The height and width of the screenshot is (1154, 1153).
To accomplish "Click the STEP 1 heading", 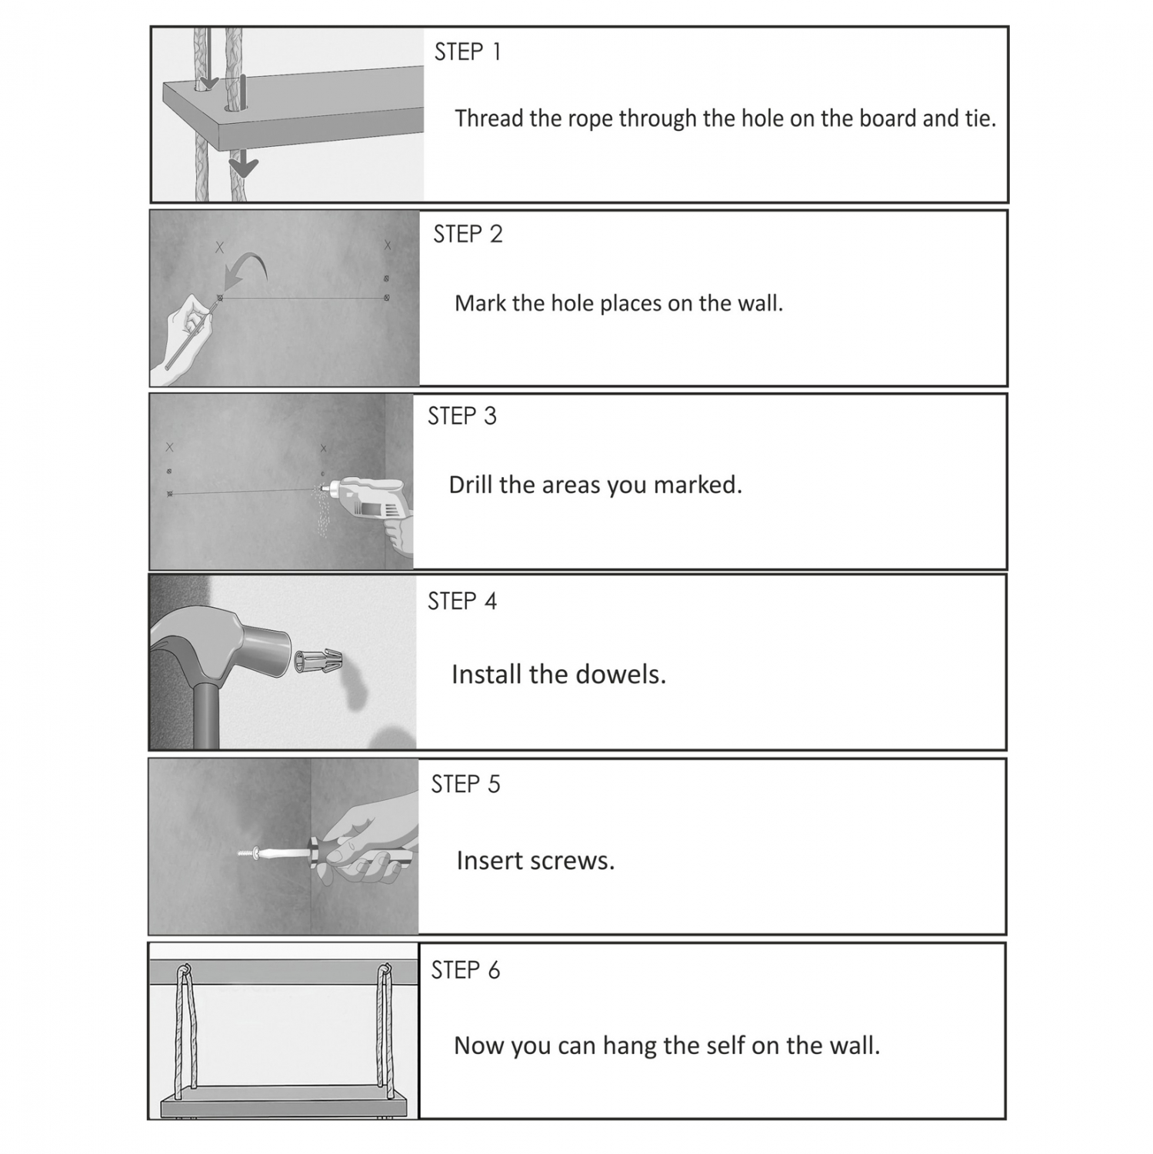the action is [x=468, y=52].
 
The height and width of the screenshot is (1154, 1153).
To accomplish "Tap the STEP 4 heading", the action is [x=462, y=601].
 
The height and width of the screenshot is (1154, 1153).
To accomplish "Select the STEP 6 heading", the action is [x=465, y=970].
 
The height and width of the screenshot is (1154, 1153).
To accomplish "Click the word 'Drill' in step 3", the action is [x=471, y=485].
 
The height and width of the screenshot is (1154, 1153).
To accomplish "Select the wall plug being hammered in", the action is [x=316, y=661].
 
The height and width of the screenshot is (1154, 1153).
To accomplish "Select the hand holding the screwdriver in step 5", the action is [x=369, y=846].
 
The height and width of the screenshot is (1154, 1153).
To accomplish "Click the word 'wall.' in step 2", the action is [x=760, y=303].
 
